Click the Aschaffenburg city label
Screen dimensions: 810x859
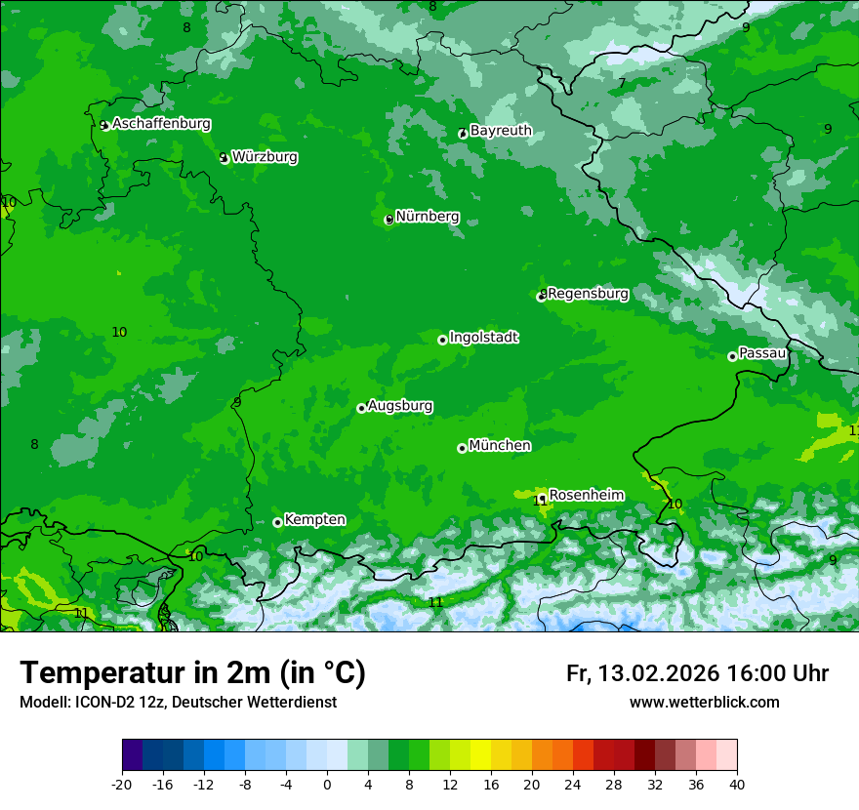tap(161, 124)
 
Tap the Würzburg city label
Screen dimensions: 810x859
tap(265, 157)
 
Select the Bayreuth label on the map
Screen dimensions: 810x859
tap(501, 131)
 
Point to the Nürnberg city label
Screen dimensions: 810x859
tap(428, 217)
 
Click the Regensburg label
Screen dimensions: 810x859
tap(588, 294)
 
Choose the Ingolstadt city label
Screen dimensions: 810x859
tap(483, 338)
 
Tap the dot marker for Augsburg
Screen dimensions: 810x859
tap(361, 408)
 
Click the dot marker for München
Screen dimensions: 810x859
tap(462, 448)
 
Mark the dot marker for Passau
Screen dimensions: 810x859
tap(732, 356)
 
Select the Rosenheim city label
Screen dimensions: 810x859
tap(586, 496)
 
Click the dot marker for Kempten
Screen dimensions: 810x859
tap(277, 522)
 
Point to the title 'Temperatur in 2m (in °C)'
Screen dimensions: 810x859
tap(192, 673)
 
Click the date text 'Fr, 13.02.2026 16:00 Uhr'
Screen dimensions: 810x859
tap(697, 673)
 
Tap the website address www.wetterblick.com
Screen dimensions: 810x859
tap(704, 703)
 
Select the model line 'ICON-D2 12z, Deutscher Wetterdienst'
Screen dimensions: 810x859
tap(178, 703)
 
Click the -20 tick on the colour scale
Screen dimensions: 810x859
tap(122, 784)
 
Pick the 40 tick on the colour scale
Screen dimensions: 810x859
tap(736, 784)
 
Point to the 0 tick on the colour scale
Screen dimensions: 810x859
tap(327, 784)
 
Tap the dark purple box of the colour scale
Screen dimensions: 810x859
tap(133, 755)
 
